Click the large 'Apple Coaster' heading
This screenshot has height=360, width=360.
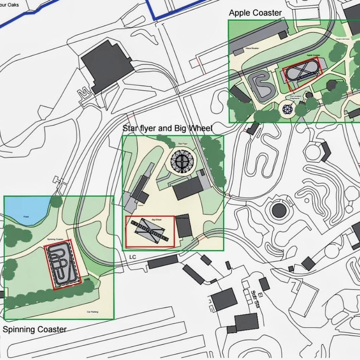click(255, 13)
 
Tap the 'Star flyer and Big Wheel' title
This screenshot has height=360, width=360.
click(167, 128)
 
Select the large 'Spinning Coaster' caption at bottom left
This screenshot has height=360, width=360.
click(34, 329)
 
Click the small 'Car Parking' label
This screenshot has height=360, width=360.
click(95, 312)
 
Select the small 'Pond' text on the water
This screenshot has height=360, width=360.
click(26, 217)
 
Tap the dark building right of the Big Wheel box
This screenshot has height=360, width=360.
click(184, 226)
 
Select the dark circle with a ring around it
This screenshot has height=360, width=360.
click(279, 210)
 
